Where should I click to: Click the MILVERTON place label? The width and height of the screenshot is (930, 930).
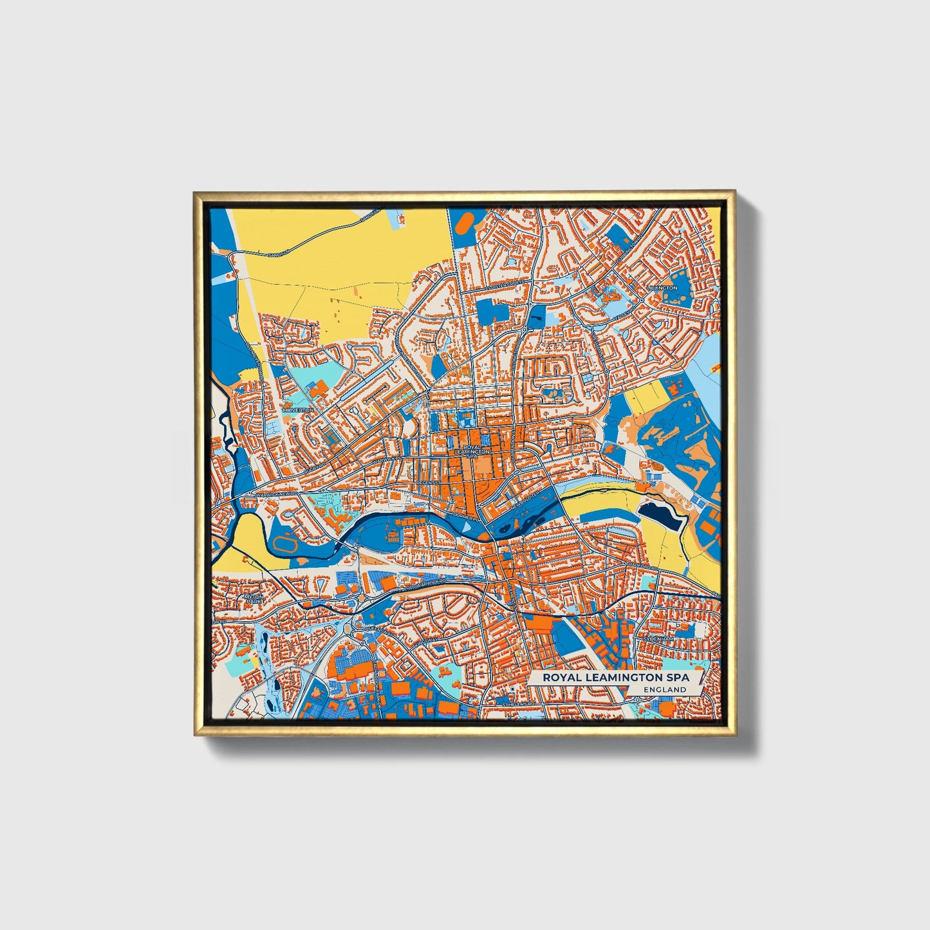point(297,410)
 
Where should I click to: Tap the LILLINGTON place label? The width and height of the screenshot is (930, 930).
point(664,288)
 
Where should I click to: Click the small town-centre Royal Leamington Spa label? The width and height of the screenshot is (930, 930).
point(472,450)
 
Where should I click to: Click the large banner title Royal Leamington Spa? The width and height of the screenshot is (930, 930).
point(615,678)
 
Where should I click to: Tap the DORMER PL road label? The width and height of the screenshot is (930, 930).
point(463,516)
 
